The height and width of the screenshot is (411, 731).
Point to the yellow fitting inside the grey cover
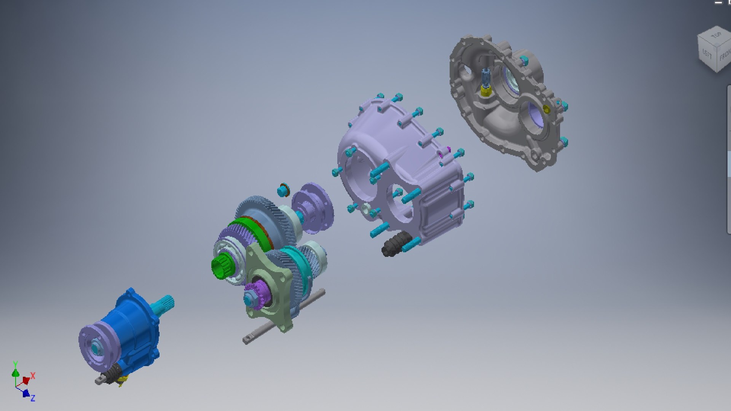tap(486, 91)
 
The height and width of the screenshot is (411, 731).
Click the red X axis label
tap(33, 376)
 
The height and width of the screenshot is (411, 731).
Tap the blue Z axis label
tap(33, 398)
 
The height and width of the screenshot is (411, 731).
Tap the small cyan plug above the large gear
tap(283, 190)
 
